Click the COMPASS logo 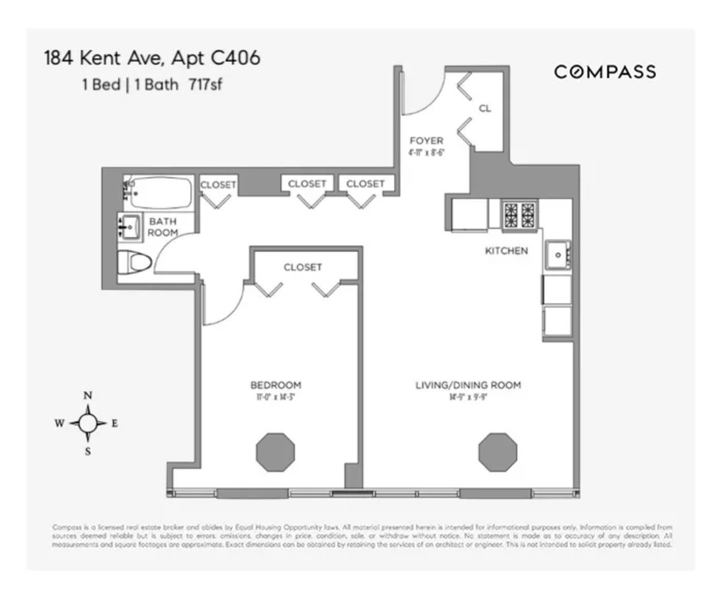coord(604,72)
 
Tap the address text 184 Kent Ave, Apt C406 coord(152,59)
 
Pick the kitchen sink coord(558,255)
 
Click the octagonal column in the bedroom coord(275,452)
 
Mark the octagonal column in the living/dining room coord(497,452)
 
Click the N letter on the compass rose coord(88,395)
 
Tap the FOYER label coord(427,141)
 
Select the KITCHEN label coord(506,251)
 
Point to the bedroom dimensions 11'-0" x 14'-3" coord(275,397)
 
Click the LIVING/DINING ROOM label coord(468,385)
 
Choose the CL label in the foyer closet coord(485,109)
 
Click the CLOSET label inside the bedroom coord(302,267)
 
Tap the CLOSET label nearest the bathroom coord(218,185)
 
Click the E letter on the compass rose coord(114,424)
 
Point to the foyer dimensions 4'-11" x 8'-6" coord(427,152)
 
